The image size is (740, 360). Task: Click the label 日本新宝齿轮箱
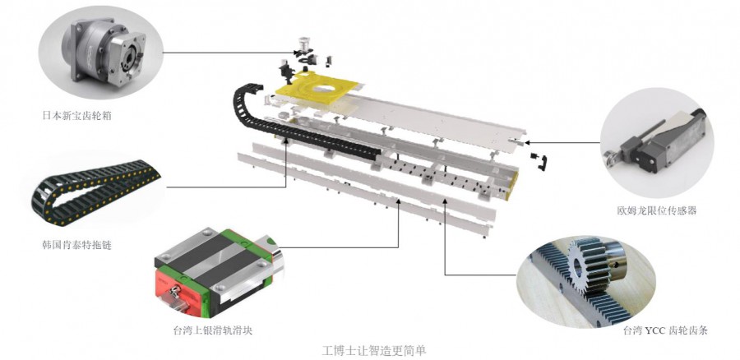point(77,116)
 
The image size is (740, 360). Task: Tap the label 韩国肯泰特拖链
point(77,245)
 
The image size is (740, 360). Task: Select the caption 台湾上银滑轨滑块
point(213,330)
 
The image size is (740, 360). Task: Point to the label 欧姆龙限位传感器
point(656,210)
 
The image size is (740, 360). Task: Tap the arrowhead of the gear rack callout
point(445,201)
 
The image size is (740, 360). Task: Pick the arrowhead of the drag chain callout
point(286,144)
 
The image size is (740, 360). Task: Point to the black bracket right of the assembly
point(543,161)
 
